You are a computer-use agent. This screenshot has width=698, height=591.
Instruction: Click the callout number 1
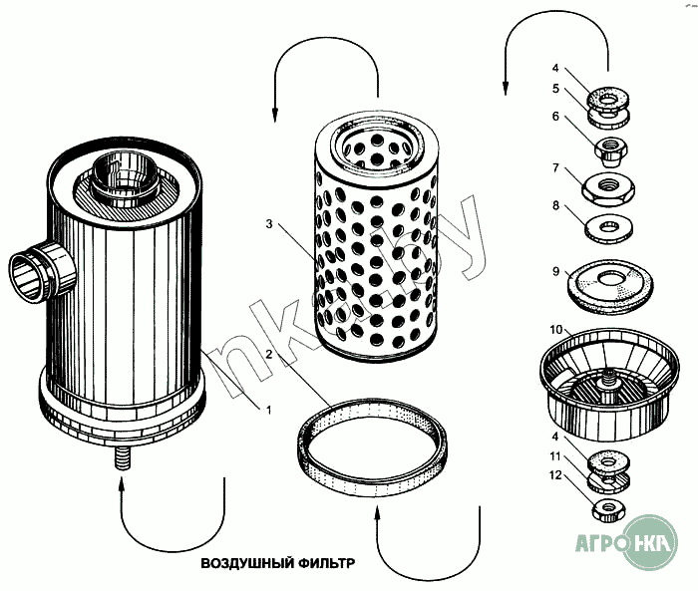266,409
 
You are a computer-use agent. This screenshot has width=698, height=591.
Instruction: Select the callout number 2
269,355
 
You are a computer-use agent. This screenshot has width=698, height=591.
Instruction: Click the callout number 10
555,329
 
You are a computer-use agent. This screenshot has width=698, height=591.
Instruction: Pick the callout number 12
554,475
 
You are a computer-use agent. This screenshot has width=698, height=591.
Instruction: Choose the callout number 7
555,169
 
